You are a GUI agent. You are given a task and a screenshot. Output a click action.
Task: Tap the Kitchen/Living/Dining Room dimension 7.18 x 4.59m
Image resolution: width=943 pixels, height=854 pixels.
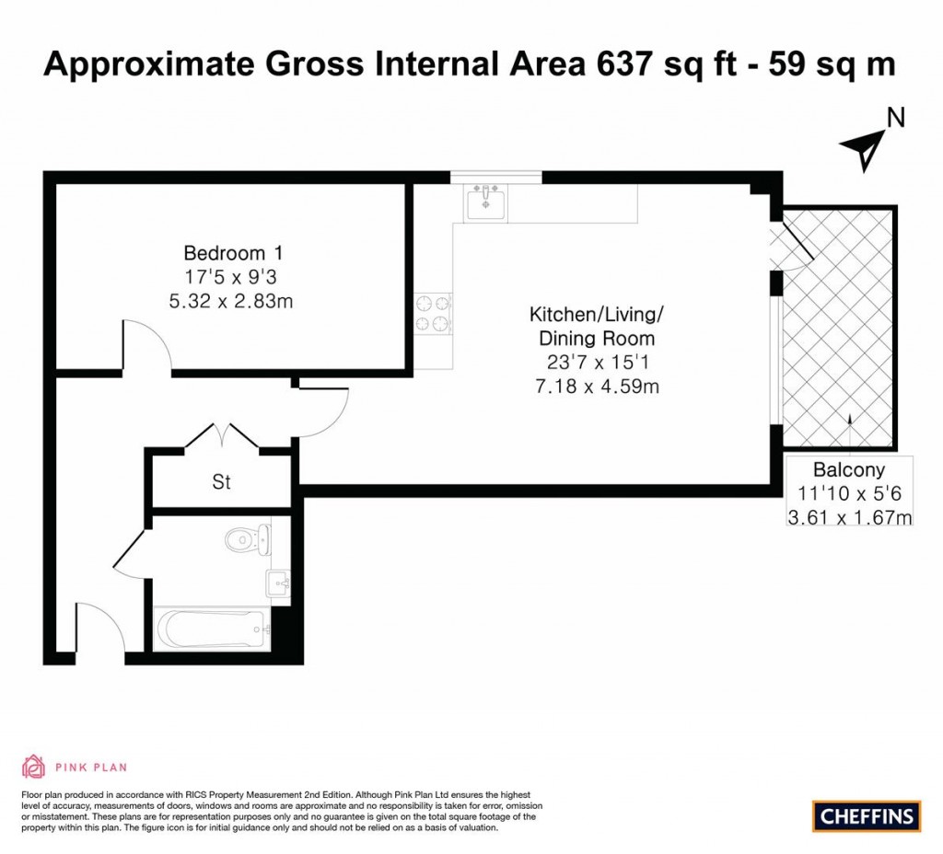point(596,387)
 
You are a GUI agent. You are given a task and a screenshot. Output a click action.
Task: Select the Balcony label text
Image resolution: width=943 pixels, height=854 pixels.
point(848,467)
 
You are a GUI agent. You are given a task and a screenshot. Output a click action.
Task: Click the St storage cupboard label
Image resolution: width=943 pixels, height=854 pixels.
point(221,481)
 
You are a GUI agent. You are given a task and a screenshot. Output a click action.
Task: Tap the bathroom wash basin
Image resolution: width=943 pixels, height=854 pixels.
point(278,583)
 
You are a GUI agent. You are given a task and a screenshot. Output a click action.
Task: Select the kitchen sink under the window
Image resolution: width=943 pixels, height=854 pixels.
point(484,202)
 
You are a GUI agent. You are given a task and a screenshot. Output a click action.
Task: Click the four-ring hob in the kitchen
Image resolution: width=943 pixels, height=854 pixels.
point(433,312)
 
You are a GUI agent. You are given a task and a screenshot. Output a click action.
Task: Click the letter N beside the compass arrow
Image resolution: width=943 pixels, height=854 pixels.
point(894,117)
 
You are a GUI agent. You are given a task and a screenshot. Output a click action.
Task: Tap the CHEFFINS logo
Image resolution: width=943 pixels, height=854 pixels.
point(867,815)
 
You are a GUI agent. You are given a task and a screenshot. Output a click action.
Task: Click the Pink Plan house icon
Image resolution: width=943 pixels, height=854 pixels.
point(33,767)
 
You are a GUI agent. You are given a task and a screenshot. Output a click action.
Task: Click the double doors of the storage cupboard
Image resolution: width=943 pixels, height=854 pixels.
point(222,436)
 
